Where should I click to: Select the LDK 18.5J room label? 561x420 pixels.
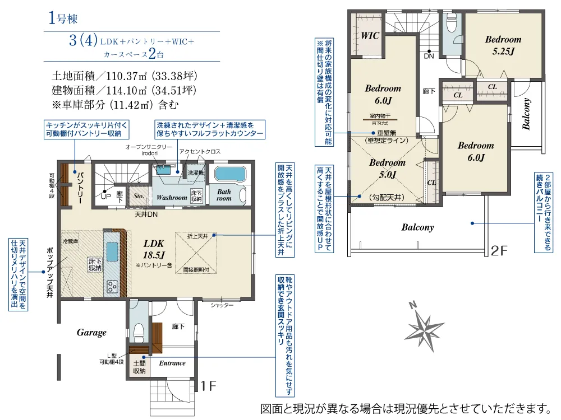153,248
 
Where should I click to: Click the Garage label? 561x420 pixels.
91,333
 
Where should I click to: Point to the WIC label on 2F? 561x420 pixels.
370,35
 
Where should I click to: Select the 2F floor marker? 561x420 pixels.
499,250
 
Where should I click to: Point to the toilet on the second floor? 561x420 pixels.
452,24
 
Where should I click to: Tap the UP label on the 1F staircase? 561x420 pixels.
105,197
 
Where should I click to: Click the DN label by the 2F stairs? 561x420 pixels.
429,56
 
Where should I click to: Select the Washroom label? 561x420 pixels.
172,198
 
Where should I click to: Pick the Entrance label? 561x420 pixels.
172,363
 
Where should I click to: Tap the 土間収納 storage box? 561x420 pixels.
139,367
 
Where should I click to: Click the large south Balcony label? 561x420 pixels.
417,227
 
